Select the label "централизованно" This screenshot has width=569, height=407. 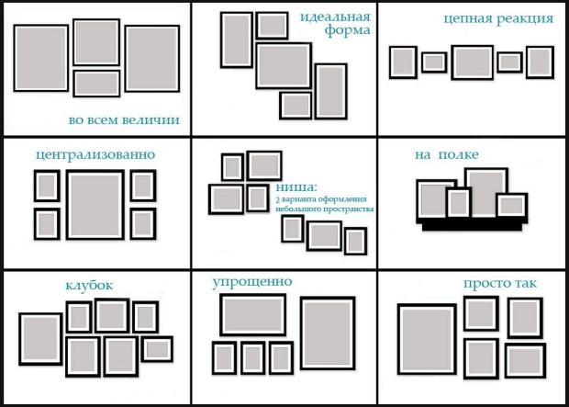click(95, 155)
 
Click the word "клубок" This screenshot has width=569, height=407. click(89, 285)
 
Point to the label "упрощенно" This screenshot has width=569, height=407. click(252, 282)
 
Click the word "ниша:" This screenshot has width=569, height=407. click(296, 187)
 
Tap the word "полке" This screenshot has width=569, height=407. click(458, 155)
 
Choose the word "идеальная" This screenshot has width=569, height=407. click(335, 17)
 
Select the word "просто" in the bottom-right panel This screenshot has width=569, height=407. click(485, 284)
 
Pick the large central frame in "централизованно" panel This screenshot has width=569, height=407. click(68, 205)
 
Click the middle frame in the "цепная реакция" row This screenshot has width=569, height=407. click(452, 62)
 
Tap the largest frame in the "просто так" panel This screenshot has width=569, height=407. click(399, 339)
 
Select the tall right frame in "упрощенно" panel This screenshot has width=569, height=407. click(302, 334)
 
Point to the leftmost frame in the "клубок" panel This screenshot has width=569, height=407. click(21, 339)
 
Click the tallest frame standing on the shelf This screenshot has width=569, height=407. click(466, 193)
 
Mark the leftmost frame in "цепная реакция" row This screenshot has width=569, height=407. click(390, 62)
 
